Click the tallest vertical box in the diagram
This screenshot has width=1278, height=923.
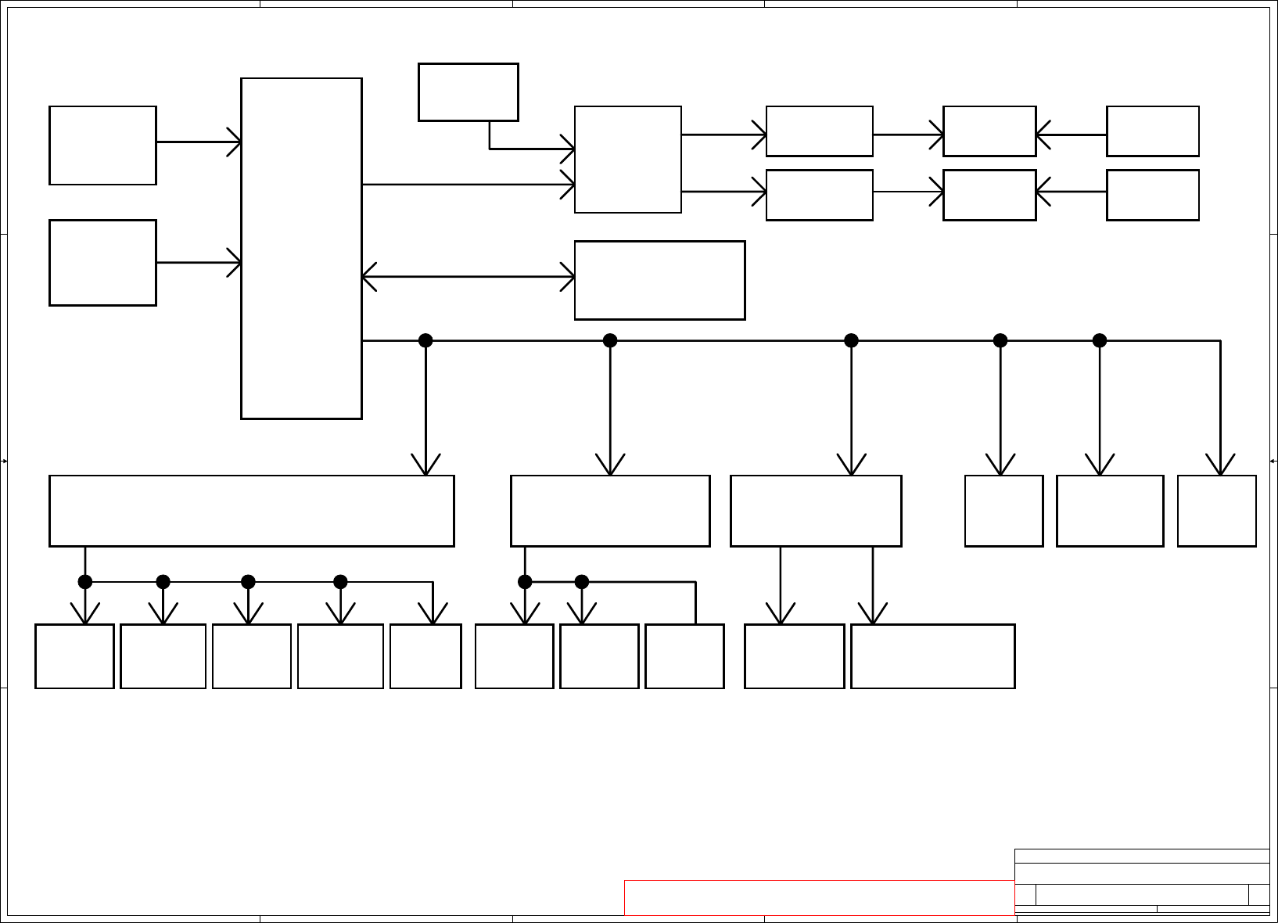pos(301,248)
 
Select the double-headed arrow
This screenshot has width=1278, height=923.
pos(468,277)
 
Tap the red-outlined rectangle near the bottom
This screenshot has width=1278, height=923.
pos(819,897)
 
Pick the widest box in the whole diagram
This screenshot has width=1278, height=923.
pos(251,511)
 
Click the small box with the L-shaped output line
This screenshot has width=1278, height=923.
pos(468,92)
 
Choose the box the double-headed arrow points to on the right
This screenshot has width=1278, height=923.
pos(659,280)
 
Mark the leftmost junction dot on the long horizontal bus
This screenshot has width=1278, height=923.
pos(425,340)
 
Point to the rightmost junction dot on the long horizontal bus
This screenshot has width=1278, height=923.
pos(1100,340)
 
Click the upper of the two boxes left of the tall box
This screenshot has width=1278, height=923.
pos(102,145)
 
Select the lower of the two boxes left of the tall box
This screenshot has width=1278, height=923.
pos(102,263)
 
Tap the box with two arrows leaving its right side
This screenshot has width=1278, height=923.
pos(627,160)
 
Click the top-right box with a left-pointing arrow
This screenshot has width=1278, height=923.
pos(1152,131)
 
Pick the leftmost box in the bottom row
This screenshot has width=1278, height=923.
pos(74,656)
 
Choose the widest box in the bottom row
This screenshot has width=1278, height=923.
pos(932,656)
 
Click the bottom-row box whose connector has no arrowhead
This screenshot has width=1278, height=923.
pos(684,656)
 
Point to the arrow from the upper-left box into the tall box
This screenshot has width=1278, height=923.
pos(199,142)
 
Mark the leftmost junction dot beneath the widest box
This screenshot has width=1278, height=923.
pos(85,582)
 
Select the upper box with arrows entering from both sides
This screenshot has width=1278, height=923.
pos(989,131)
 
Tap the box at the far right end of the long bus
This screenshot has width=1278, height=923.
pos(1216,511)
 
